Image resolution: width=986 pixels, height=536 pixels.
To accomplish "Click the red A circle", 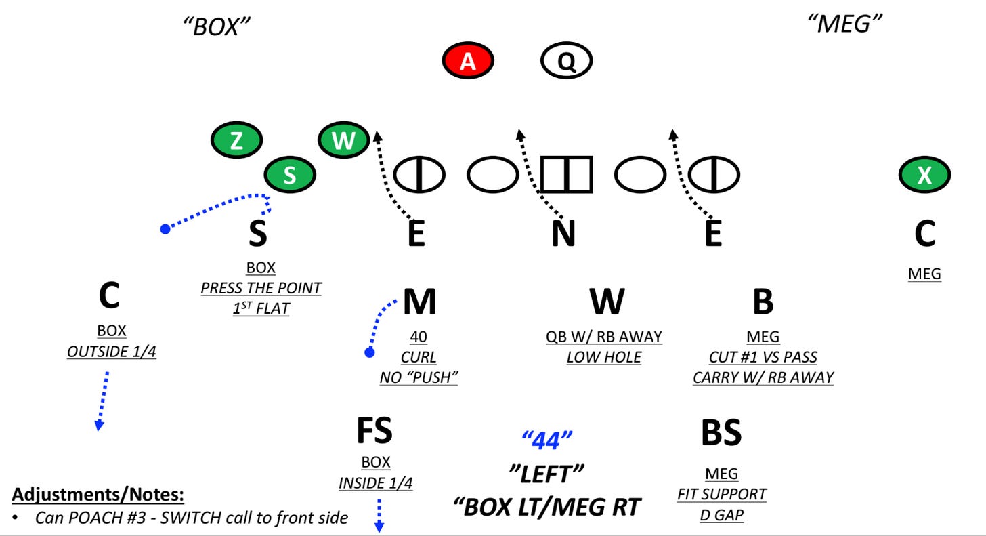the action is tap(468, 62).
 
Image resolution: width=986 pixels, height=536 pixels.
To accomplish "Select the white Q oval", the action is tap(566, 62).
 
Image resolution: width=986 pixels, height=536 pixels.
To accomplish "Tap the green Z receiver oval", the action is tap(236, 141).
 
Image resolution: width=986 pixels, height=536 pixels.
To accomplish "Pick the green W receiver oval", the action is tap(343, 141).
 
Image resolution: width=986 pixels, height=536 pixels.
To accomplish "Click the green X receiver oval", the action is tap(924, 176).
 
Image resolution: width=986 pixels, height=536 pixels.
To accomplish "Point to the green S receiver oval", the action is tap(289, 176).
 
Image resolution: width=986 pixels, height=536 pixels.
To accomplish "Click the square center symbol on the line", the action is tap(566, 175).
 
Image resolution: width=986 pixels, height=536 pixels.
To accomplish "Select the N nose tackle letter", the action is tap(563, 234).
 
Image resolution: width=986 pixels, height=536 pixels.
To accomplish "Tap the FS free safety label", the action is tap(374, 430).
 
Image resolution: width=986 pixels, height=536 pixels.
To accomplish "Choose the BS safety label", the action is tap(721, 432).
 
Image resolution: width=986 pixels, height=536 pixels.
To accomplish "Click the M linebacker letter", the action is tap(419, 302).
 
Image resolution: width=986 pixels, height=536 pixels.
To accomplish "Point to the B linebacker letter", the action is tap(763, 302).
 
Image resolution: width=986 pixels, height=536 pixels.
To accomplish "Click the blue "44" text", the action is tap(547, 441).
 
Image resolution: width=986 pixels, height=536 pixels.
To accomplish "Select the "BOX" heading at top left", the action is tap(217, 27).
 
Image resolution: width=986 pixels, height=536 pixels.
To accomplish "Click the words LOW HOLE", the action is tap(604, 357).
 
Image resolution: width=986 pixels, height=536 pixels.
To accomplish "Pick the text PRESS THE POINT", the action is tap(261, 288).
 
